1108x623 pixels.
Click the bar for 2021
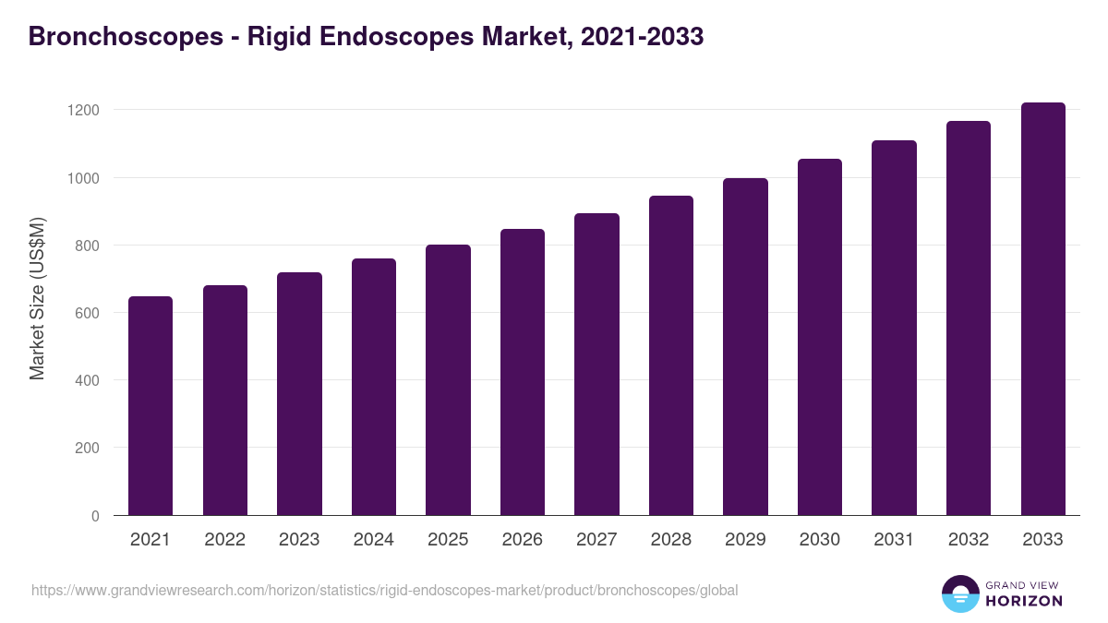click(151, 406)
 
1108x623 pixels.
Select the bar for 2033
click(1043, 309)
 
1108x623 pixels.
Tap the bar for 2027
click(596, 365)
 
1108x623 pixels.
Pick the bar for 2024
click(374, 387)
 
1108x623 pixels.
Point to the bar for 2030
click(820, 337)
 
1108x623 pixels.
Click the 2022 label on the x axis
click(224, 540)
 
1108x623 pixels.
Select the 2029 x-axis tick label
click(745, 540)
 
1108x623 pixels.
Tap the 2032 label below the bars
click(969, 540)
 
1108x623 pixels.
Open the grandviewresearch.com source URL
click(384, 590)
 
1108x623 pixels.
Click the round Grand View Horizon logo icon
click(960, 593)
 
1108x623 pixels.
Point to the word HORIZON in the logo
click(1025, 601)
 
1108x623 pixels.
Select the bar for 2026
click(523, 372)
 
